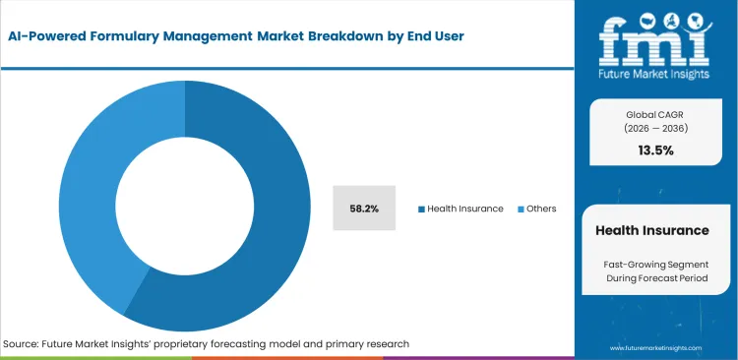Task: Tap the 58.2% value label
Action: coord(365,209)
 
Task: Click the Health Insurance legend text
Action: coord(465,209)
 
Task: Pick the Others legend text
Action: coord(541,209)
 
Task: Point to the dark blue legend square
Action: coord(422,209)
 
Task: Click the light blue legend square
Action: coord(521,209)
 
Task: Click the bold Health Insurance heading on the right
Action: coord(651,230)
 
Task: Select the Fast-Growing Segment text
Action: coord(651,264)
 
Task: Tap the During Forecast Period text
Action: coord(651,279)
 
